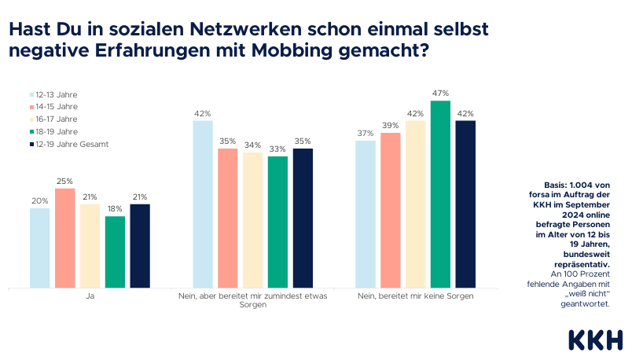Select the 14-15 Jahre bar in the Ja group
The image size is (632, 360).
tap(64, 238)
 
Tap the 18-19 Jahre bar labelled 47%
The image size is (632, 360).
tap(440, 194)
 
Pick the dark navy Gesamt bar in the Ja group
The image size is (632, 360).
tap(140, 246)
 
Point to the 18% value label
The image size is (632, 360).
tap(115, 208)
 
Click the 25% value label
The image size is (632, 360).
tap(64, 181)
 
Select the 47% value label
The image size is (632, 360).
tap(440, 93)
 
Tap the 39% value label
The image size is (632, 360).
tap(390, 125)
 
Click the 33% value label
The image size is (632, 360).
tap(277, 149)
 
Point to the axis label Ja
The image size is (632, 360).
tap(90, 297)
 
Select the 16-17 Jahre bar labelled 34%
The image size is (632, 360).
tap(252, 220)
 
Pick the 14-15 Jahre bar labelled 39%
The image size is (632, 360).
tap(390, 211)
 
